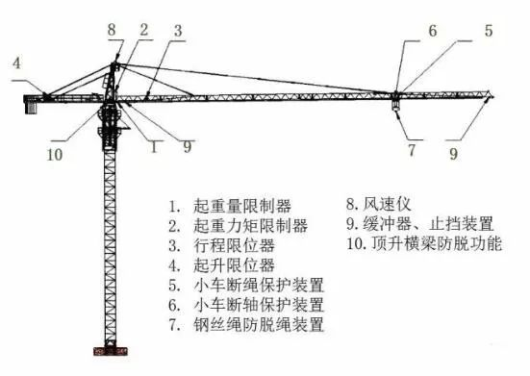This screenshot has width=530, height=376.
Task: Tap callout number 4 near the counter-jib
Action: pos(16,63)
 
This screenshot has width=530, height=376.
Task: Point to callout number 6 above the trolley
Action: pos(432,31)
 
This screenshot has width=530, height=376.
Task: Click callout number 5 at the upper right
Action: pos(488,31)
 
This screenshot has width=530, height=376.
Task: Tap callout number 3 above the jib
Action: pos(178,31)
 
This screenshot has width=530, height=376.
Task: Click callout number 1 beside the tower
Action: pos(151,147)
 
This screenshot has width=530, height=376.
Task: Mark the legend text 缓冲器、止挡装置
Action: pos(418,224)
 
